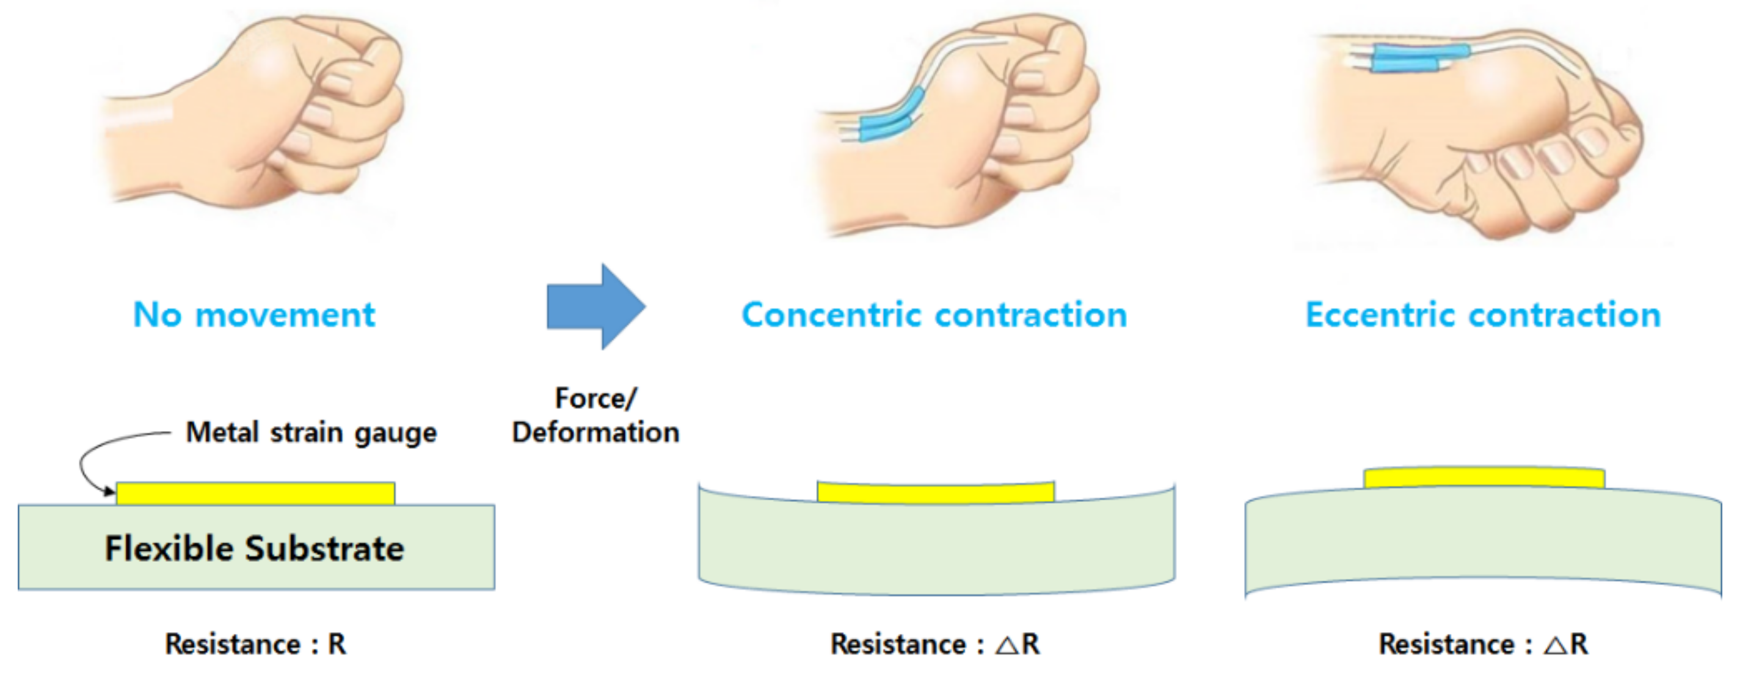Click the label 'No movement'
[254, 315]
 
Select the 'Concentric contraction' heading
[934, 315]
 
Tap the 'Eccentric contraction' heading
[1483, 315]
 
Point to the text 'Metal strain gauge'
[311, 432]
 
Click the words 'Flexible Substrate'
[254, 548]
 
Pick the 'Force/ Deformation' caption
[595, 415]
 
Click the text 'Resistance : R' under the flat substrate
[255, 644]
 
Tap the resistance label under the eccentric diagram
[1483, 644]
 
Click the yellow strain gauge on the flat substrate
[255, 493]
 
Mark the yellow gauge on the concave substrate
[935, 493]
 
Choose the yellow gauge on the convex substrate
[1484, 477]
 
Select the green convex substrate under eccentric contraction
[1483, 539]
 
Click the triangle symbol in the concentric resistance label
[1007, 645]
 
